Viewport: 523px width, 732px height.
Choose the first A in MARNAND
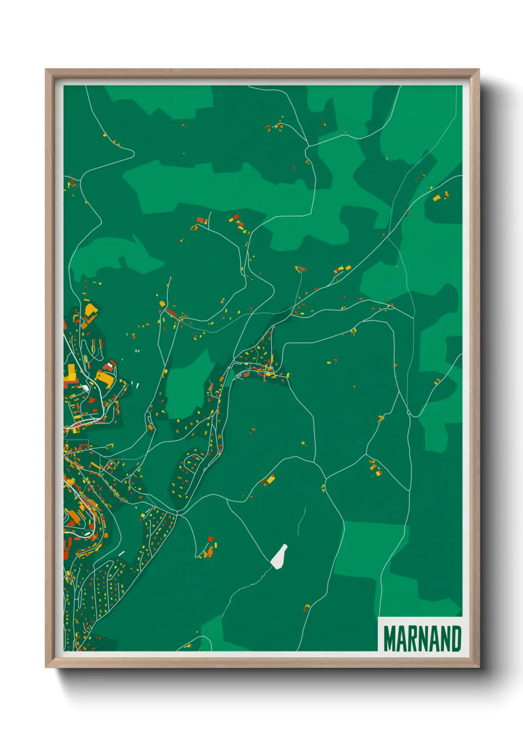403,639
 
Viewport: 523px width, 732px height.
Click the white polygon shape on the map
279,557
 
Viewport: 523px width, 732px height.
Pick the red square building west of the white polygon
210,538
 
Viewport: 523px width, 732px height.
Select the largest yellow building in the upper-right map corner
436,198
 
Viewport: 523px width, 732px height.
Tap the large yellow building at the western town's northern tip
91,311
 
